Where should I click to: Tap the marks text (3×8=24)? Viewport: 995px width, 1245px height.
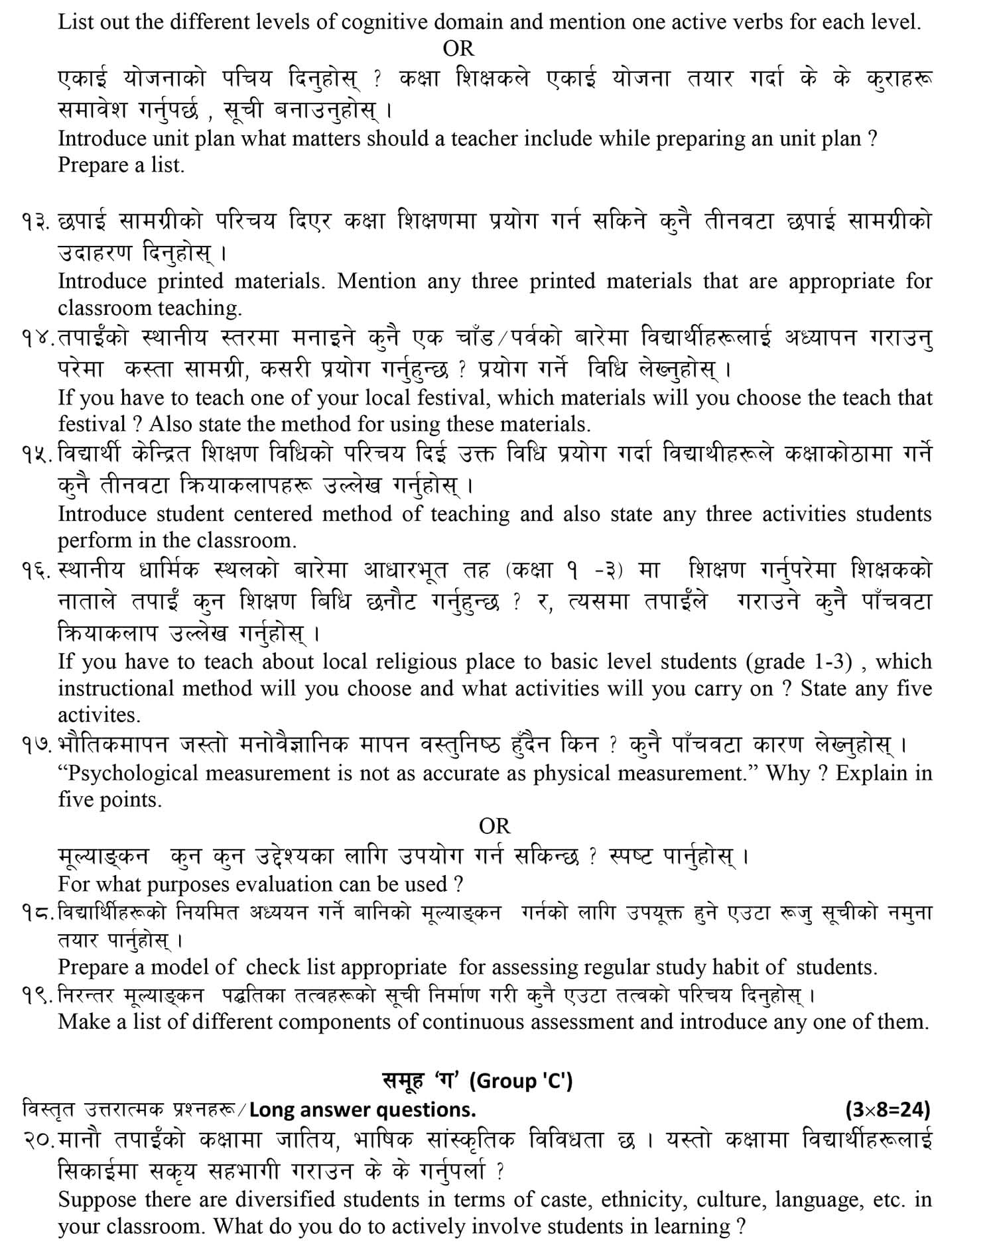click(888, 1109)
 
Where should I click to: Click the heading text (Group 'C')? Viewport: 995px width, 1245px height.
click(521, 1081)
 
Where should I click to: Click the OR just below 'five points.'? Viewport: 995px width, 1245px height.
click(495, 826)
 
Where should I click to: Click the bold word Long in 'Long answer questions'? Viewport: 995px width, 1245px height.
click(271, 1110)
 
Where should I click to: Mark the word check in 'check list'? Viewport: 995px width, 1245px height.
click(273, 967)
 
